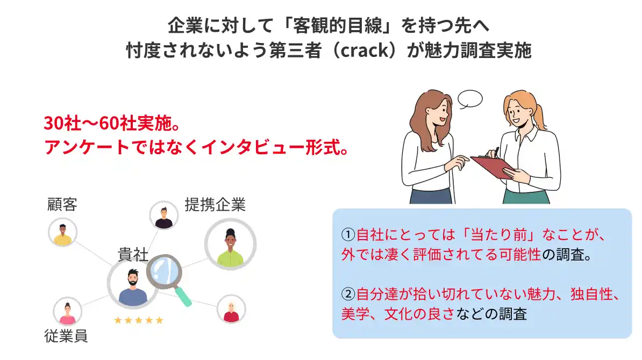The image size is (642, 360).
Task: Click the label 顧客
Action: click(62, 204)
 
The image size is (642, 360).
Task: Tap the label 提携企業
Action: click(215, 204)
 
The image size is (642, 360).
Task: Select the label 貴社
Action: click(133, 254)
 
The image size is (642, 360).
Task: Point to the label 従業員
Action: click(66, 336)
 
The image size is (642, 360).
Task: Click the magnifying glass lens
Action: click(164, 271)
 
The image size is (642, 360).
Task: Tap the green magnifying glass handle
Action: click(183, 297)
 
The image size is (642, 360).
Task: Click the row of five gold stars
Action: click(139, 320)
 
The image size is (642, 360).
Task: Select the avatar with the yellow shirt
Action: click(63, 232)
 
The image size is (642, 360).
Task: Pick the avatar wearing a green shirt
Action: click(231, 244)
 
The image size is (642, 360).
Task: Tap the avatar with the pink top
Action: click(68, 311)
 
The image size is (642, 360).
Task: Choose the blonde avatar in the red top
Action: click(231, 309)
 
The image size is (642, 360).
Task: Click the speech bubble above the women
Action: click(469, 99)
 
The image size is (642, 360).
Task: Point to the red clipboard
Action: click(493, 167)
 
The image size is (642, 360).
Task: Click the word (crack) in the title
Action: click(365, 51)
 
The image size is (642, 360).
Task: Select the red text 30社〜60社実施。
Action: click(112, 123)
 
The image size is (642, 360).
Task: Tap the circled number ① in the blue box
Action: click(348, 235)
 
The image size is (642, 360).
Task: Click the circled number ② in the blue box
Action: click(348, 294)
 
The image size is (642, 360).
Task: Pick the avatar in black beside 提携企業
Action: click(164, 215)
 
